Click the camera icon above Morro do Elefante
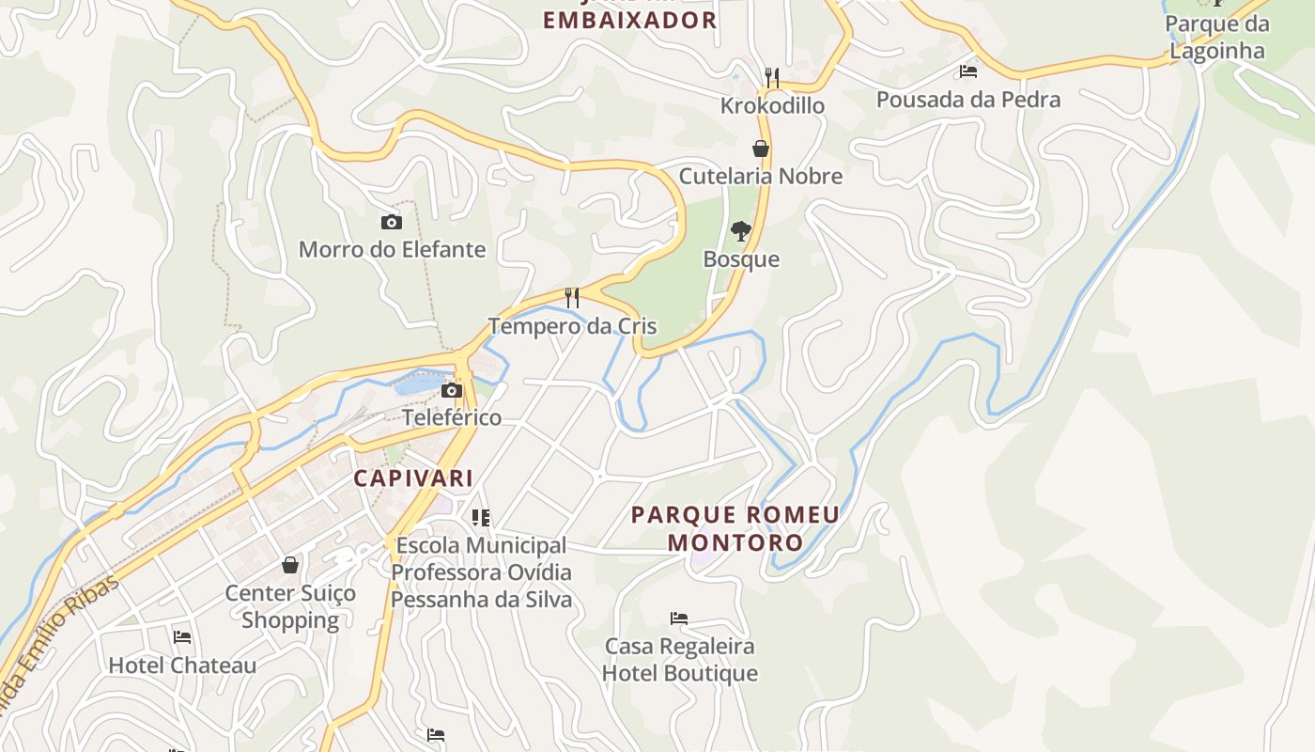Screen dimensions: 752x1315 [x=392, y=223]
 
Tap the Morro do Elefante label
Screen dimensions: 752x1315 [x=392, y=249]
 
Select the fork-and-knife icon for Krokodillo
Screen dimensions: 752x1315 [x=772, y=77]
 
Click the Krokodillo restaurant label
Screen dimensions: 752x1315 [x=772, y=105]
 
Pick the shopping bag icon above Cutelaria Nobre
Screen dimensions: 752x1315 [x=761, y=149]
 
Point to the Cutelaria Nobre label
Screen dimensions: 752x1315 [x=761, y=176]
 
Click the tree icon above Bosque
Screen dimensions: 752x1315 [x=741, y=231]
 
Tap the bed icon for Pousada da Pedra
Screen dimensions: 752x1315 [x=968, y=71]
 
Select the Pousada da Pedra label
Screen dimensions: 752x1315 [x=968, y=99]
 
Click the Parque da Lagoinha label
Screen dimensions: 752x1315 [x=1216, y=37]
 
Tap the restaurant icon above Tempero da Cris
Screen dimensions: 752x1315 [x=572, y=298]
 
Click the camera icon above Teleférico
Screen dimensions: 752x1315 [x=452, y=390]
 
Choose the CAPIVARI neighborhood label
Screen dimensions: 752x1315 [x=413, y=478]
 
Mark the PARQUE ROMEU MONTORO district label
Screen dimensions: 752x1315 [x=735, y=528]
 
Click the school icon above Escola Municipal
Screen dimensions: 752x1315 [x=481, y=517]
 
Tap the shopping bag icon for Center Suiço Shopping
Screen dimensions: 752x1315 [x=290, y=565]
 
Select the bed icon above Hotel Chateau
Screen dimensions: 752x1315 [x=182, y=637]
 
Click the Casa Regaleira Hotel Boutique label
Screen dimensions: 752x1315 [x=679, y=660]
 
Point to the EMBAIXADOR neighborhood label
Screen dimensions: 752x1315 [x=630, y=20]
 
